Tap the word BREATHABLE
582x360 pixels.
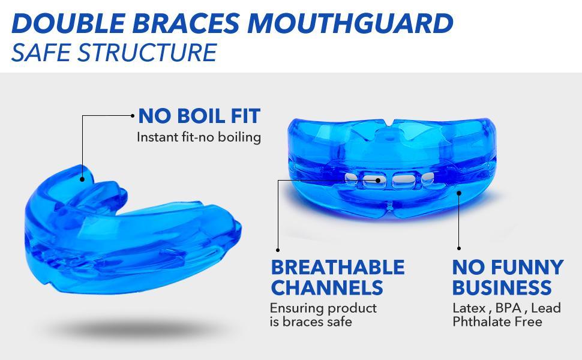point(338,267)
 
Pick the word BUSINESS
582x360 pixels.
point(502,287)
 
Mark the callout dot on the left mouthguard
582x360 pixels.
point(82,178)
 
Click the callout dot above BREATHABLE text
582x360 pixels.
point(277,249)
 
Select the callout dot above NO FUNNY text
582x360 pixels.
point(459,248)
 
